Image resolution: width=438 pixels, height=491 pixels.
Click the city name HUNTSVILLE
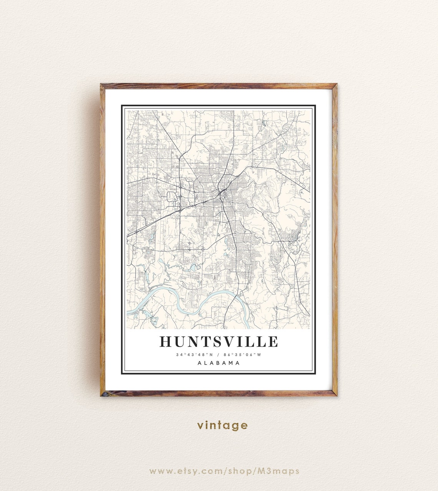tap(219, 341)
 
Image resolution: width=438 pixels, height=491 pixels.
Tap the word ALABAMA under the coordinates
tap(219, 363)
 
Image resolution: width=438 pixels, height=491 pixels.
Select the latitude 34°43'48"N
tap(194, 355)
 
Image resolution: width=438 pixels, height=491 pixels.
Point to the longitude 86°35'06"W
tap(243, 355)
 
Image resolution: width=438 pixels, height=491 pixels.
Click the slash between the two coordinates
tap(219, 355)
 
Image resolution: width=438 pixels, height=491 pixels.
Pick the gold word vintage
tap(222, 425)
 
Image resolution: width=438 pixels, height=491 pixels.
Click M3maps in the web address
tap(282, 471)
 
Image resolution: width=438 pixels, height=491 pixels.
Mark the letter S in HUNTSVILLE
tap(217, 341)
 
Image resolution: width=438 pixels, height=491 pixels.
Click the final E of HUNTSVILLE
tap(273, 341)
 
